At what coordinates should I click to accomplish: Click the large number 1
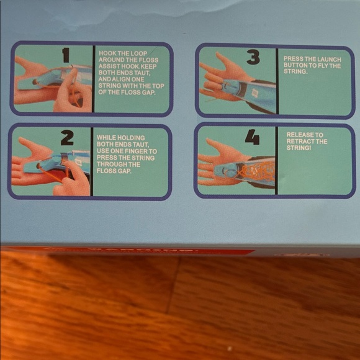66,56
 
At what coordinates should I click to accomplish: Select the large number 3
253,58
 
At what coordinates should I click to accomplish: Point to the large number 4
251,138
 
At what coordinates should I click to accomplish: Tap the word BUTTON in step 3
297,65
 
